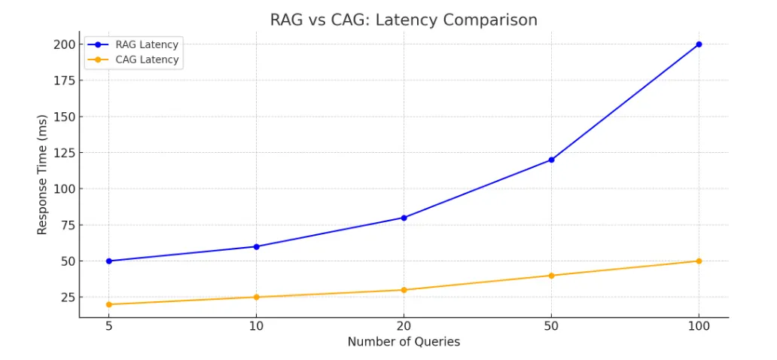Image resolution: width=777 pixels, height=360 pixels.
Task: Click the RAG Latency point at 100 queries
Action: coord(699,44)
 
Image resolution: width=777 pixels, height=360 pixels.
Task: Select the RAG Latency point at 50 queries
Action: coord(551,160)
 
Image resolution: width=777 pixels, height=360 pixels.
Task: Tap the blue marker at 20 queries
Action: coord(404,218)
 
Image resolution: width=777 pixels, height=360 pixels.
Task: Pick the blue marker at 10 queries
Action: coord(256,246)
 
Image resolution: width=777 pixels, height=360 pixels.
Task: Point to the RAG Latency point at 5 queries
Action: coord(109,261)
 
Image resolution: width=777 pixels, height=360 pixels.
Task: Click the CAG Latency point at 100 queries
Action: coord(699,261)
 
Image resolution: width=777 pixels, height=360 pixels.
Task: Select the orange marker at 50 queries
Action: coord(551,275)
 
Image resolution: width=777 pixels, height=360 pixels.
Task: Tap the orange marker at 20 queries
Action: coord(404,290)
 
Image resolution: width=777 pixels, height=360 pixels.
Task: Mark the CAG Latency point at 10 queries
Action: coord(256,297)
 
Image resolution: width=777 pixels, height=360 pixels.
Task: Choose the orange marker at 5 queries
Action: coord(109,304)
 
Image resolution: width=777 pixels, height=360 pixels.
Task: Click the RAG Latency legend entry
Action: coord(133,44)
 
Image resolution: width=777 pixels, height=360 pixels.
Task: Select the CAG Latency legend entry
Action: coord(133,60)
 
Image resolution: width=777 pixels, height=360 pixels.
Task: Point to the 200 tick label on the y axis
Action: coord(65,44)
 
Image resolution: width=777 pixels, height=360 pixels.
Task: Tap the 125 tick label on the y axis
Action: coord(65,153)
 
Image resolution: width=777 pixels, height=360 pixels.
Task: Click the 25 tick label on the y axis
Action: coord(68,297)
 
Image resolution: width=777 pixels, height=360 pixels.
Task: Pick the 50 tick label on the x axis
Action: coord(551,326)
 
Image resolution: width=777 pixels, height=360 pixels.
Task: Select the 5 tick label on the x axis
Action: coord(109,326)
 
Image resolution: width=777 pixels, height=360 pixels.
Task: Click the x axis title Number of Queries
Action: coord(404,342)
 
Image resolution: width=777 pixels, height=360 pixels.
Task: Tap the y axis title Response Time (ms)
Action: coord(42,175)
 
